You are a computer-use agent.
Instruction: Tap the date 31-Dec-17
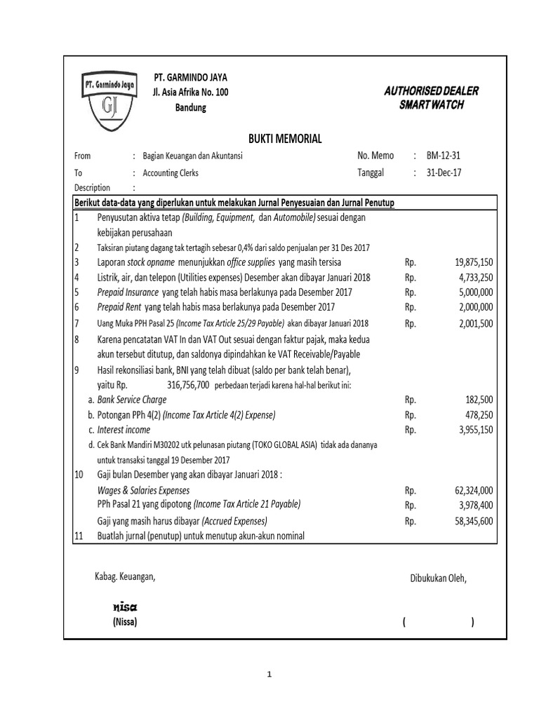click(x=448, y=172)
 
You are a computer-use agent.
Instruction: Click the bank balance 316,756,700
click(x=178, y=385)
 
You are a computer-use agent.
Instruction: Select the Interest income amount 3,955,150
click(x=472, y=430)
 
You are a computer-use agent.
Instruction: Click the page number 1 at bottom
click(x=268, y=675)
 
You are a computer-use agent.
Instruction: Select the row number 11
click(x=79, y=536)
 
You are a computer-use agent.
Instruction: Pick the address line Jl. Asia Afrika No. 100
click(x=190, y=93)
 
